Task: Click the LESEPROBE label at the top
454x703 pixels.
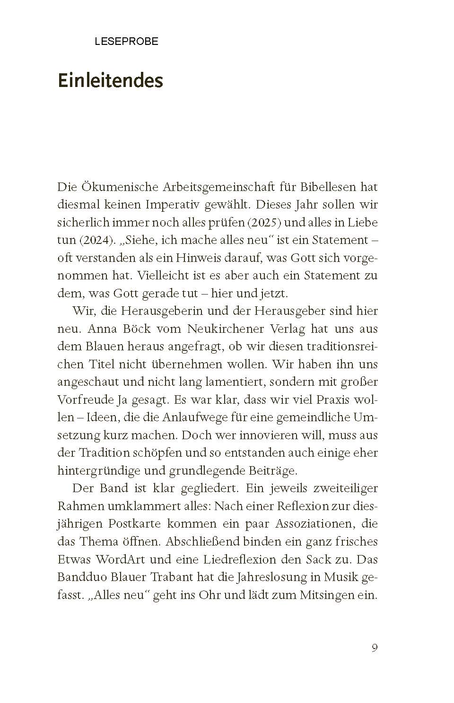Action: pyautogui.click(x=126, y=42)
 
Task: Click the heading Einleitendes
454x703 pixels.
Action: pyautogui.click(x=110, y=80)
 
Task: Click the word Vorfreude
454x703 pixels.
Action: pyautogui.click(x=84, y=399)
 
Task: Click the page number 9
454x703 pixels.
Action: pyautogui.click(x=374, y=648)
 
